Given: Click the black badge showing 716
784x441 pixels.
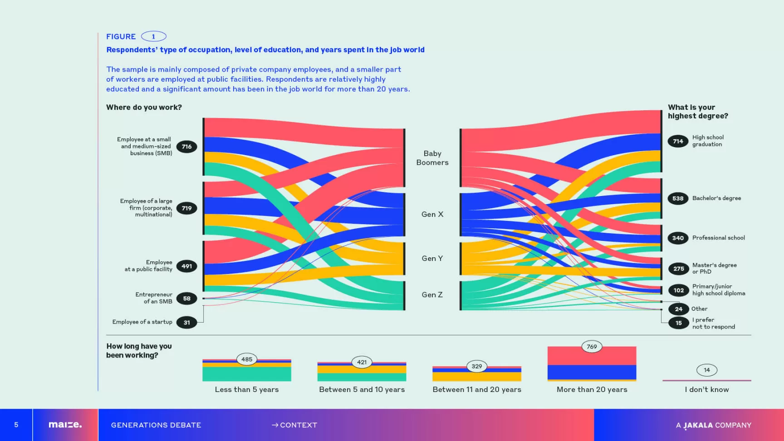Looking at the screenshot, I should point(186,147).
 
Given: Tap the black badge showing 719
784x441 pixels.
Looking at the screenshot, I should point(186,208).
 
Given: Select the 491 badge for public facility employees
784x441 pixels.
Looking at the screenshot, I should point(186,266).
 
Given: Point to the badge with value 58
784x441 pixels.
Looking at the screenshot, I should point(186,299).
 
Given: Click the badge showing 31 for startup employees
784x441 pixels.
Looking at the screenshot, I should point(186,323).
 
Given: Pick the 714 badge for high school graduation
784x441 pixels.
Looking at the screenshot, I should point(678,141).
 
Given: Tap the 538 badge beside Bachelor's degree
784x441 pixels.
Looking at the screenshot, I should point(678,198).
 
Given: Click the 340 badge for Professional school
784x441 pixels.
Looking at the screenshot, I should point(678,238).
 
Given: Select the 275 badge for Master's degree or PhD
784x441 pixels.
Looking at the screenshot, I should point(678,269).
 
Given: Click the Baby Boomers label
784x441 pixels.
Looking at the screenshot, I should point(432,158).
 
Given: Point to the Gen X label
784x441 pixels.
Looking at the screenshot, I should point(432,214).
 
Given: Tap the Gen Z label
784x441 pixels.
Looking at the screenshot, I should point(432,294).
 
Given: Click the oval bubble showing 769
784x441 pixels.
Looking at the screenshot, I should point(592,347).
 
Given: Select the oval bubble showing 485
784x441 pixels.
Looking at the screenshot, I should point(247,359).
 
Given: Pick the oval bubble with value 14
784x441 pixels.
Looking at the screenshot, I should point(707,370).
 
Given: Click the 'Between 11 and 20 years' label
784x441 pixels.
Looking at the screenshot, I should point(477,389).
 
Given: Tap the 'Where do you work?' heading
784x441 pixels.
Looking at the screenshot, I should point(144,108).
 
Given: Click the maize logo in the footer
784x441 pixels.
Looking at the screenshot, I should point(65,425).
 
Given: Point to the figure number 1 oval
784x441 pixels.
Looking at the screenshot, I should point(153,36).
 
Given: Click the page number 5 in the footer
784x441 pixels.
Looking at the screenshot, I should point(16,425).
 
